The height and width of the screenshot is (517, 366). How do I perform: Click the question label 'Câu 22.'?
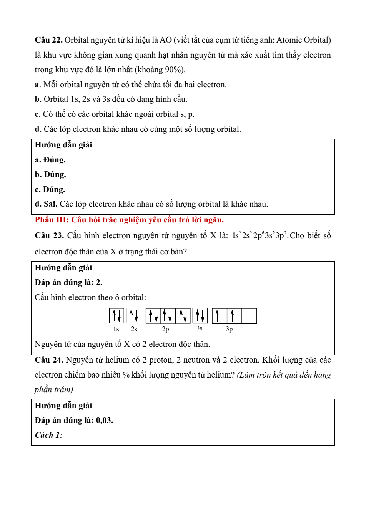(48, 40)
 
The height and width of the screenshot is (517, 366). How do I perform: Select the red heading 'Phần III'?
(52, 220)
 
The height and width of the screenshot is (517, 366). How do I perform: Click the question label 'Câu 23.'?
(49, 235)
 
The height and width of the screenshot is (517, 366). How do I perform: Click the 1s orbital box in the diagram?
(116, 316)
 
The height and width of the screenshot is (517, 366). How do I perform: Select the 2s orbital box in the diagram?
(134, 316)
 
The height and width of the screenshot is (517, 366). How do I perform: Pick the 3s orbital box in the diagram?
(200, 316)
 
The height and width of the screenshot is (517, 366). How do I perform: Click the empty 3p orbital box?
(249, 316)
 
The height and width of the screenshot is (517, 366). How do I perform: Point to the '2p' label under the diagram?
(165, 329)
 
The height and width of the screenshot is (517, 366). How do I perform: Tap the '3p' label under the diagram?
(229, 329)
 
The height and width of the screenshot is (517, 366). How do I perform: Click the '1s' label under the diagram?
(116, 329)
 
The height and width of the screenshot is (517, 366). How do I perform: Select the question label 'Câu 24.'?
(49, 360)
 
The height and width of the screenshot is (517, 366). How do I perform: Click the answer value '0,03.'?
(105, 420)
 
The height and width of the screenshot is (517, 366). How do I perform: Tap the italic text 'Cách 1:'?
(49, 435)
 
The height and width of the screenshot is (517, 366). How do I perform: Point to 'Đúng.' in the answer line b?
(55, 174)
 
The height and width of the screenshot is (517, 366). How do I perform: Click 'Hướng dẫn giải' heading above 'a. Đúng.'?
(63, 145)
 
